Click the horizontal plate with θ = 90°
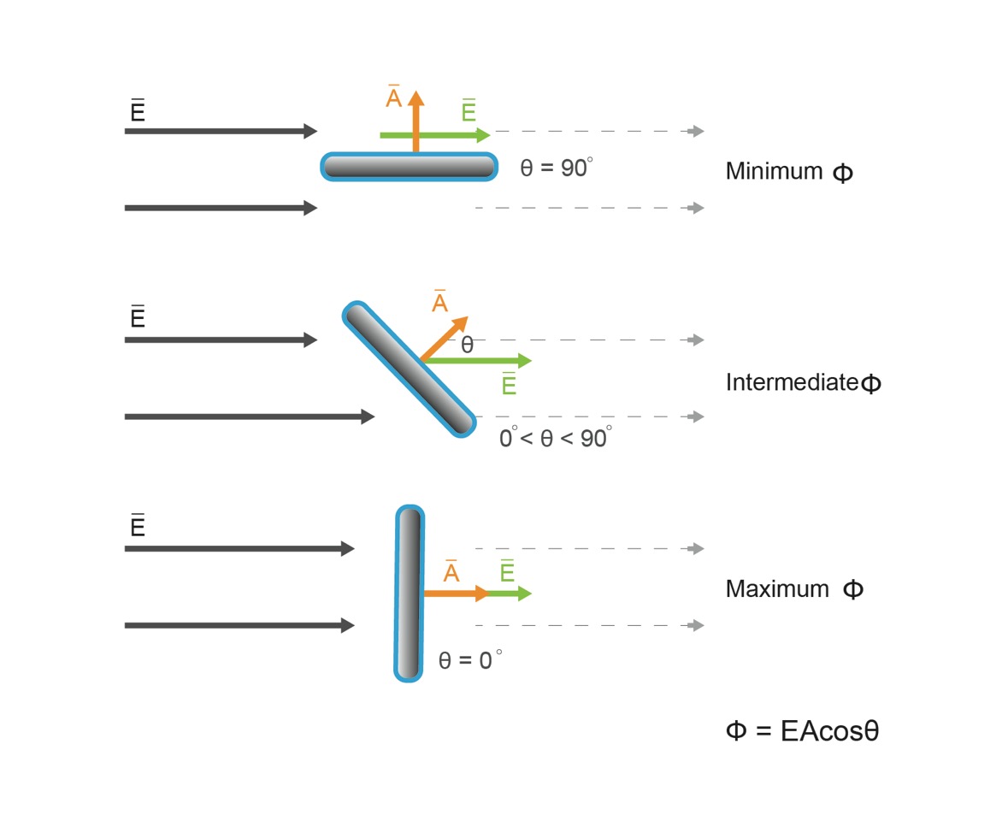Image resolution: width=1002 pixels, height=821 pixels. tap(409, 167)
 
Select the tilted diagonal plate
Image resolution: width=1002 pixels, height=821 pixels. tap(409, 369)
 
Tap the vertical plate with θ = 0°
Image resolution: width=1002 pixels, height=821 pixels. tap(409, 594)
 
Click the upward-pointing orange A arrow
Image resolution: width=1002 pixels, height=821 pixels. tap(416, 121)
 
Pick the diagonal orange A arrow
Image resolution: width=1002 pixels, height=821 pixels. tap(444, 339)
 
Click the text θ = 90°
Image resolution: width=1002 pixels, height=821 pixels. tap(556, 168)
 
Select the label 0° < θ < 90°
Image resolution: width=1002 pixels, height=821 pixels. tap(556, 437)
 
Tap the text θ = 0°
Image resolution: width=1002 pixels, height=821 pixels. tap(470, 659)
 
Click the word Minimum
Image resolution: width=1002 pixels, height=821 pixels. tap(774, 171)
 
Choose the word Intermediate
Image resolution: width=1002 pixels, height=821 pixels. tap(792, 381)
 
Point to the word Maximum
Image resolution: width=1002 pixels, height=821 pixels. tap(777, 588)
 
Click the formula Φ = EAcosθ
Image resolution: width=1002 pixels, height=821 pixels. tap(802, 730)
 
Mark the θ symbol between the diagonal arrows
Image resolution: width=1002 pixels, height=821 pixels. tap(467, 346)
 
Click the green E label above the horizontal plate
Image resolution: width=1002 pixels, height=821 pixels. tap(469, 110)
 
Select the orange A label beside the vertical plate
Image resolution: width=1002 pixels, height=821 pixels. tap(451, 571)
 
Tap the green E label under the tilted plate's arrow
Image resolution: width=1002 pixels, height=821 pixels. tap(509, 384)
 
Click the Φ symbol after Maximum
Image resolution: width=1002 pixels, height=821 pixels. tap(853, 589)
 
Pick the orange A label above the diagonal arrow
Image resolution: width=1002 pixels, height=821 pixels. tap(439, 300)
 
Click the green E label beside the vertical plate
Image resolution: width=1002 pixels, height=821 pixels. tap(507, 570)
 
